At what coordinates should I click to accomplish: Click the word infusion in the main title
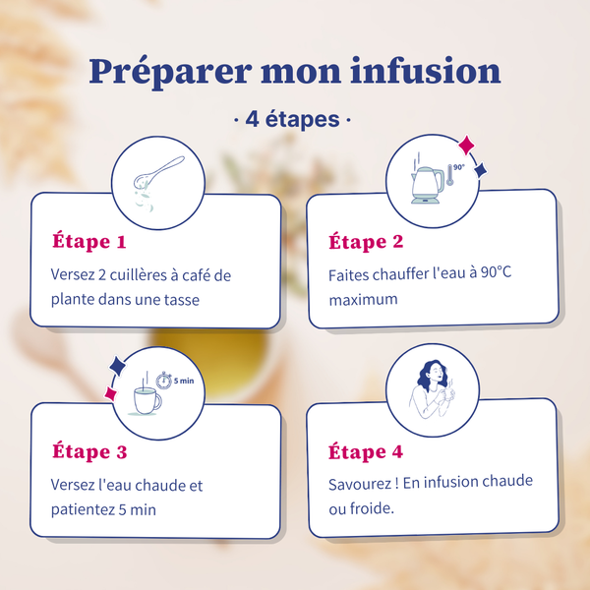[x=425, y=71]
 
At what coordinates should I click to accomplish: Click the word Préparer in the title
[x=170, y=73]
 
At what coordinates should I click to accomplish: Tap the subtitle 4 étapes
[x=292, y=119]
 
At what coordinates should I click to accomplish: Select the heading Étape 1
[x=89, y=241]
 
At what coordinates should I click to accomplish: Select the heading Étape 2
[x=366, y=241]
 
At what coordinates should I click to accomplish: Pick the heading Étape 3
[x=89, y=451]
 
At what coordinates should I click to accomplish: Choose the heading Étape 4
[x=366, y=451]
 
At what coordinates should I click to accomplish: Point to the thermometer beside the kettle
[x=449, y=175]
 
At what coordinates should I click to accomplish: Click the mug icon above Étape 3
[x=147, y=400]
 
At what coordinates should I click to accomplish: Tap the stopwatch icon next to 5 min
[x=164, y=381]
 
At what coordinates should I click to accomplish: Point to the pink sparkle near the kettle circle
[x=466, y=145]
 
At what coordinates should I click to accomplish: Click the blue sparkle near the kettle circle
[x=481, y=170]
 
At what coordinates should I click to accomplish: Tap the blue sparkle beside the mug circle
[x=117, y=366]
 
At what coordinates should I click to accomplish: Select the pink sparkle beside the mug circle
[x=110, y=393]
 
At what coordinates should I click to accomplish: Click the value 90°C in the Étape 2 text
[x=497, y=272]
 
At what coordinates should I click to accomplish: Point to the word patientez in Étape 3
[x=83, y=509]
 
